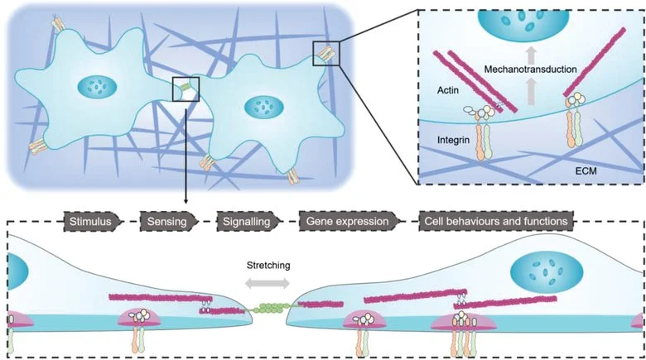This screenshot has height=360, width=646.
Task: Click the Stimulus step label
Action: pyautogui.click(x=93, y=221)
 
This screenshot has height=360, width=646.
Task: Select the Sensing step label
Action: pyautogui.click(x=168, y=221)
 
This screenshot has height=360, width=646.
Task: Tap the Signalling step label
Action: pyautogui.click(x=243, y=221)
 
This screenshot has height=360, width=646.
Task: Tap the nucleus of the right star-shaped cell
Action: pyautogui.click(x=264, y=106)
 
